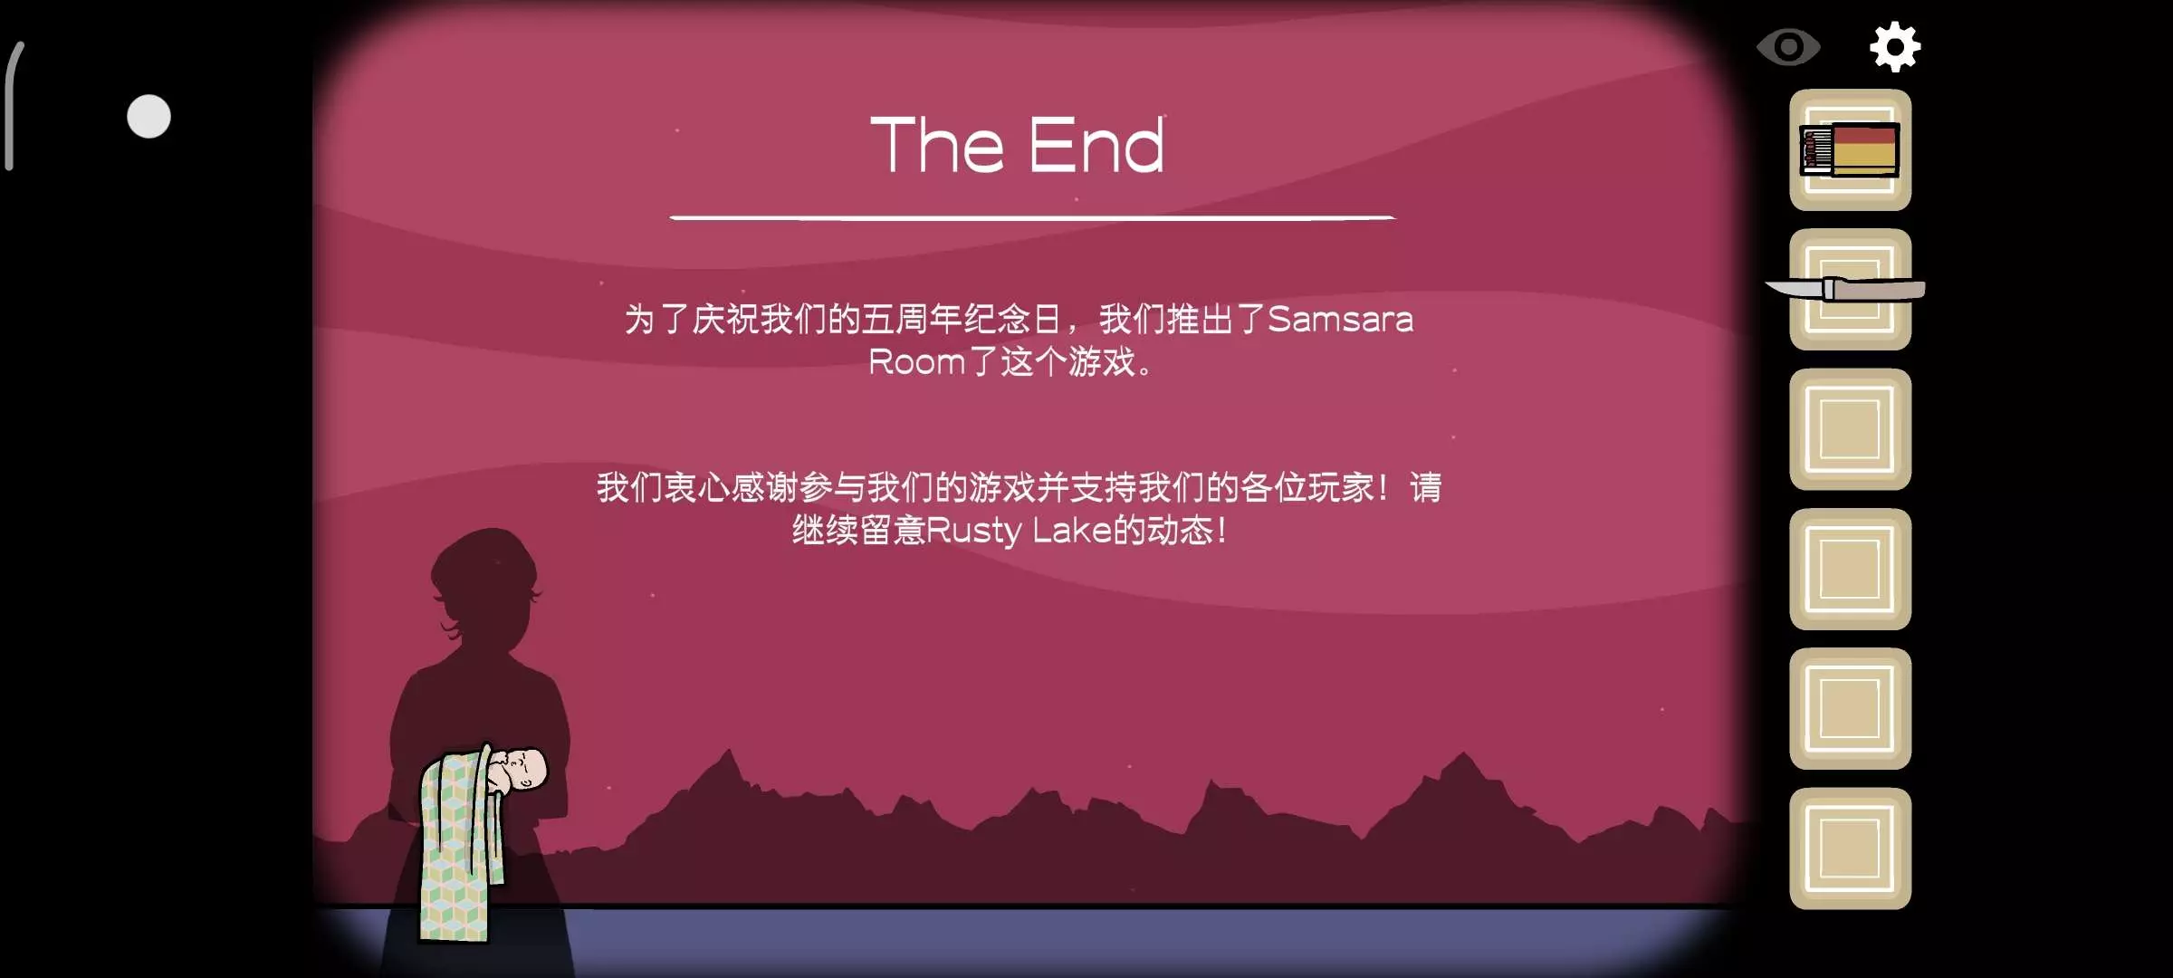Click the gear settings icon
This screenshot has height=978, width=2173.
pyautogui.click(x=1895, y=47)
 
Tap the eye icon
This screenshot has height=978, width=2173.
pyautogui.click(x=1788, y=47)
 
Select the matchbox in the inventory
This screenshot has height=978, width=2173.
pyautogui.click(x=1850, y=149)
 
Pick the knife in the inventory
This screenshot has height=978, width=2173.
pyautogui.click(x=1846, y=290)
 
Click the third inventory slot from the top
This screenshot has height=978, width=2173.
pyautogui.click(x=1850, y=429)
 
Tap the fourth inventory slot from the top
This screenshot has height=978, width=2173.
pyautogui.click(x=1850, y=569)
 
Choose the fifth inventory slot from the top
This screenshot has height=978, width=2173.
pyautogui.click(x=1850, y=708)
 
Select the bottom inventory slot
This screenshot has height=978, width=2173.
pyautogui.click(x=1850, y=849)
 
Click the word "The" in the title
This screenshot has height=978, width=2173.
pyautogui.click(x=937, y=145)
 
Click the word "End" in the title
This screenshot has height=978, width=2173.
pyautogui.click(x=1096, y=145)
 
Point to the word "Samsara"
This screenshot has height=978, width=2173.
pyautogui.click(x=1340, y=319)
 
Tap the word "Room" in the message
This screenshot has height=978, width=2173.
pyautogui.click(x=916, y=362)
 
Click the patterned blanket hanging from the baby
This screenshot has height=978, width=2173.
pyautogui.click(x=457, y=847)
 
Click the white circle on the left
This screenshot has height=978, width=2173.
pyautogui.click(x=148, y=117)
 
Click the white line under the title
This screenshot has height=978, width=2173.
pyautogui.click(x=1032, y=218)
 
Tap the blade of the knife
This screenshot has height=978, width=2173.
pyautogui.click(x=1795, y=289)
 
